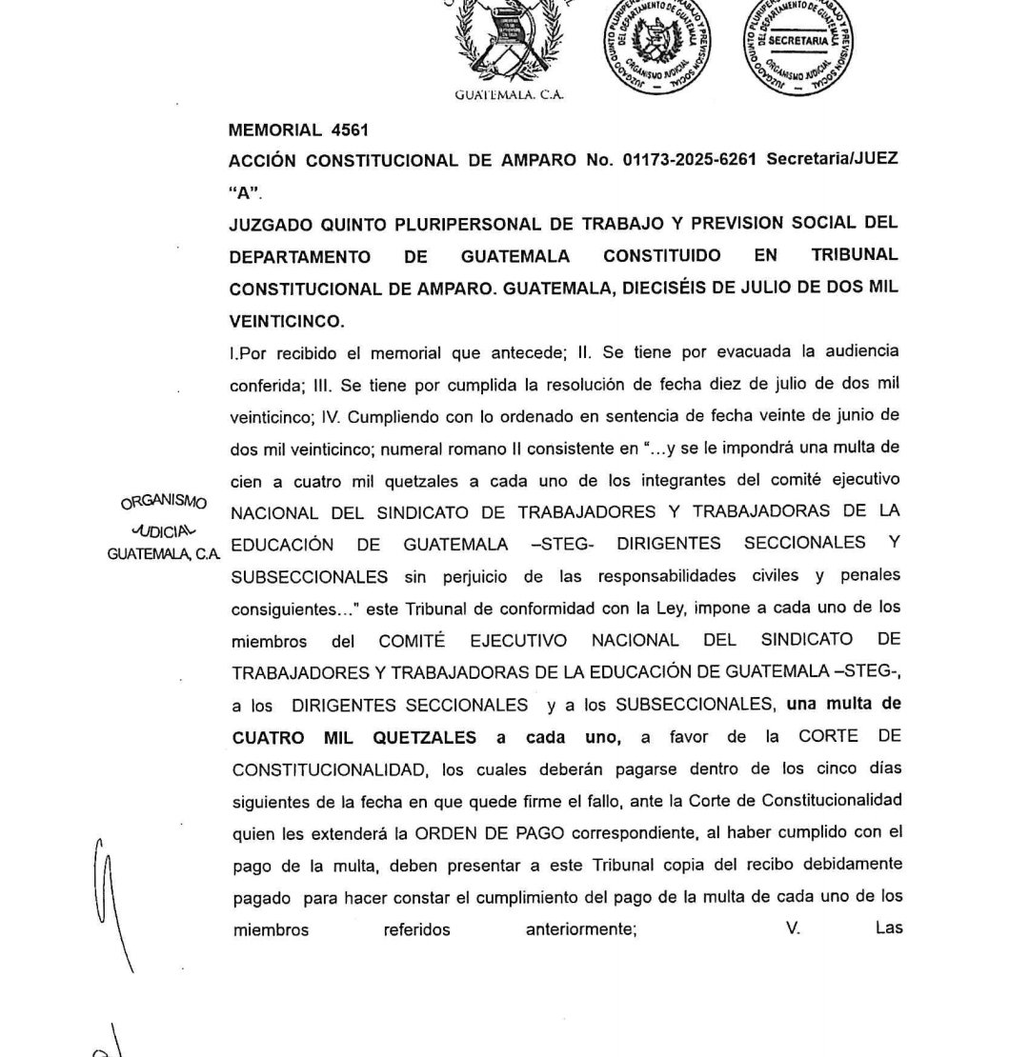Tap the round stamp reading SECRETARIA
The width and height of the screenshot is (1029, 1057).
click(797, 44)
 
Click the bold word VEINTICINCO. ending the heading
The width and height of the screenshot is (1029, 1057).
click(287, 321)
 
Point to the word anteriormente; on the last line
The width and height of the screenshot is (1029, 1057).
click(581, 930)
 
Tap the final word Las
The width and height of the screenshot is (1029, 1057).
click(888, 927)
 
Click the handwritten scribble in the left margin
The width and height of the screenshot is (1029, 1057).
click(111, 905)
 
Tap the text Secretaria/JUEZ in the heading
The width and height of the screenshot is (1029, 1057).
click(832, 160)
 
